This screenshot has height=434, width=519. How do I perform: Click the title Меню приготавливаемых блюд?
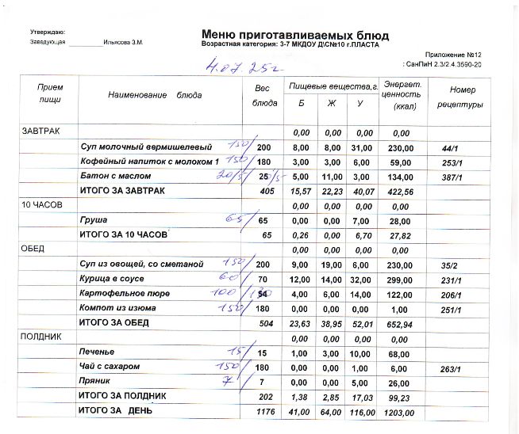click(x=295, y=34)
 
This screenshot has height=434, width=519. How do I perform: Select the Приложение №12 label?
click(x=459, y=54)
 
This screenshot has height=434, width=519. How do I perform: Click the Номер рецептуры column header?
click(x=462, y=96)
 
